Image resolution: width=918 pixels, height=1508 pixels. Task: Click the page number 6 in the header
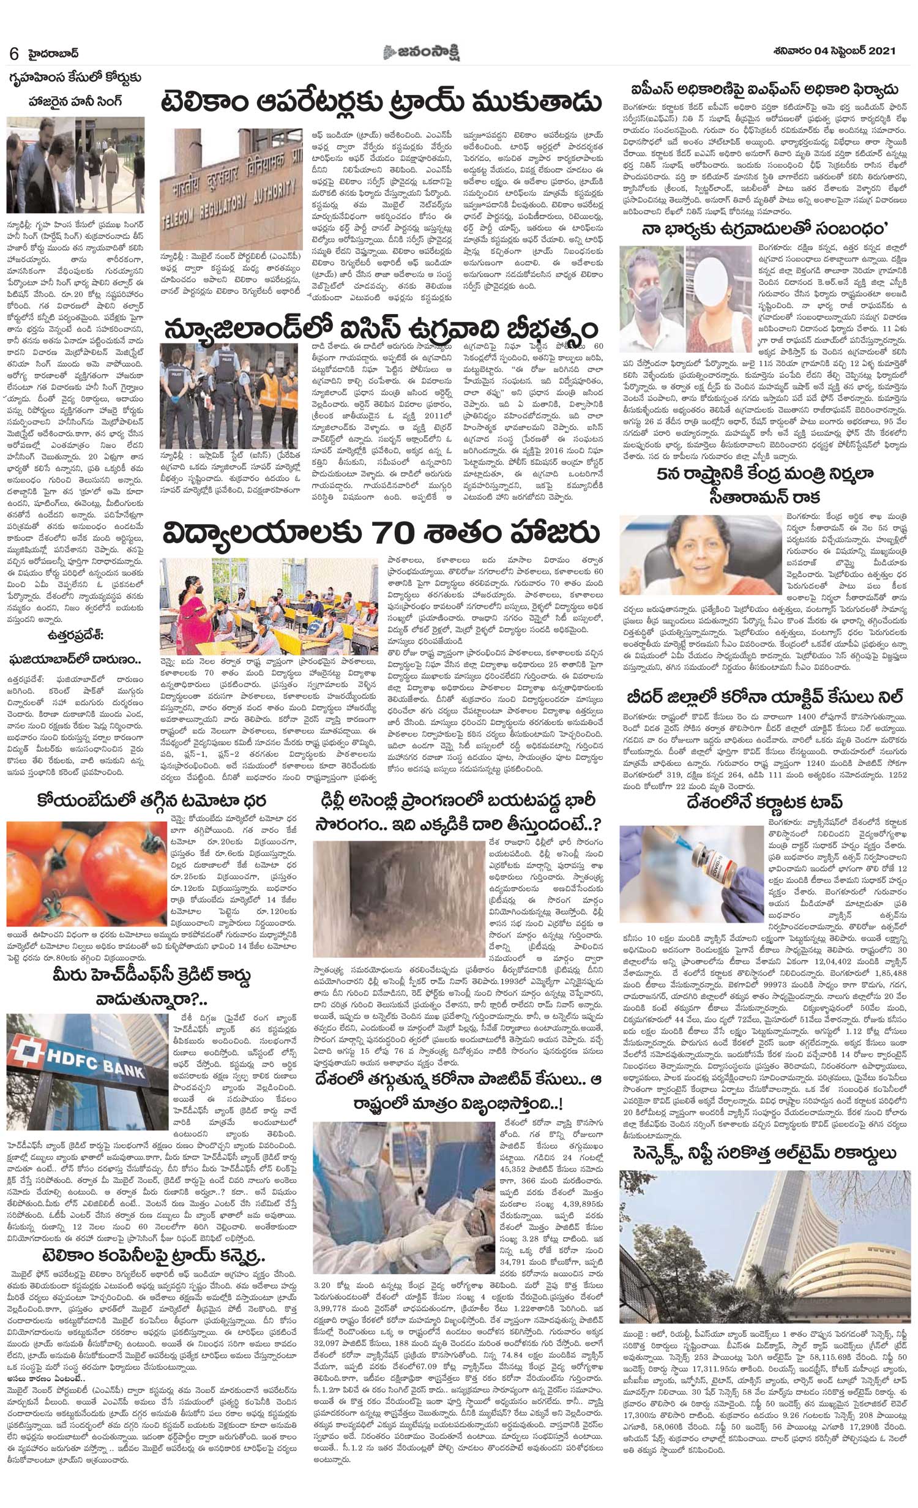pyautogui.click(x=13, y=53)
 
